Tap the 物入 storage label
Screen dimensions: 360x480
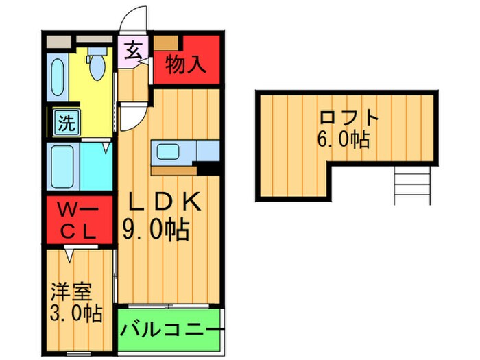click(x=186, y=66)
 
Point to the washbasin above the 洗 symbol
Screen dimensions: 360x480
click(x=58, y=78)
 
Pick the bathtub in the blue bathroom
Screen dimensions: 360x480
click(x=64, y=165)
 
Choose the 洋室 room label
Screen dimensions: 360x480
click(x=70, y=291)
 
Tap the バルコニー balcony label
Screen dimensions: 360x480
click(x=171, y=330)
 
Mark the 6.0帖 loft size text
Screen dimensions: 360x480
click(x=344, y=141)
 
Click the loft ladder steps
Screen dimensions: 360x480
click(x=413, y=186)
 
